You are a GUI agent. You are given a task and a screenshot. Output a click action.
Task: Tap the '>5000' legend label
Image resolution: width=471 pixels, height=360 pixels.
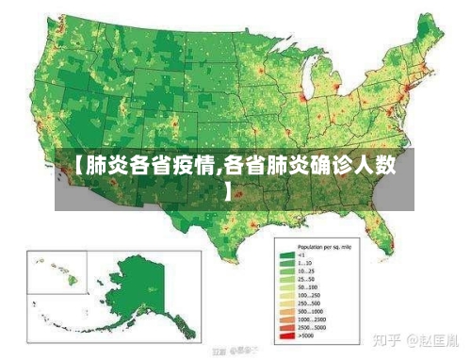(x=305, y=335)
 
